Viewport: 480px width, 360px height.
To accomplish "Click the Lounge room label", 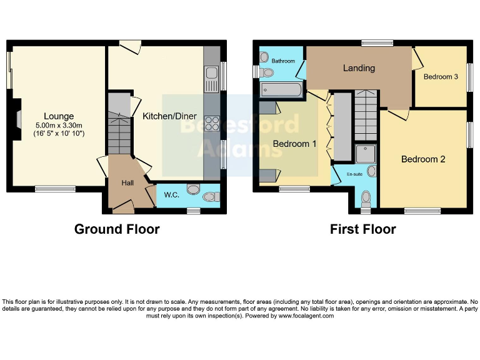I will coord(59,116).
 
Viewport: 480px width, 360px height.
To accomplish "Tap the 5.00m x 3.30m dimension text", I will coord(59,125).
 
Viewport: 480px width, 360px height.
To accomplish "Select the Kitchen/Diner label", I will coord(169,116).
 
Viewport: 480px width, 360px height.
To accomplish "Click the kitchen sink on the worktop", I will coord(211,79).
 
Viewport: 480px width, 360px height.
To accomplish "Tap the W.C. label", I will coord(172,195).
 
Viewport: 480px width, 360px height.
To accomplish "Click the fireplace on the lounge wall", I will coord(19,118).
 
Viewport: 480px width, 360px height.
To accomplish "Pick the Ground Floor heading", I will coord(117,229).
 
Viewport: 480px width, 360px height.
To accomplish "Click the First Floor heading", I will coord(362,229).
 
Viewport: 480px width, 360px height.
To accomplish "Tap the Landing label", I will coord(359,68).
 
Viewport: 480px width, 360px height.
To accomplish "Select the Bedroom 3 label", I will coord(441,77).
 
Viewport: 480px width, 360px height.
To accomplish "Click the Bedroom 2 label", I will coord(423,159).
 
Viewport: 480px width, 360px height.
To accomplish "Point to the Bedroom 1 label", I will coord(294,144).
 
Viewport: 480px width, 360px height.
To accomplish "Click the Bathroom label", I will coord(282,61).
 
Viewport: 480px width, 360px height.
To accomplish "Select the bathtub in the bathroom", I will coord(281,90).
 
